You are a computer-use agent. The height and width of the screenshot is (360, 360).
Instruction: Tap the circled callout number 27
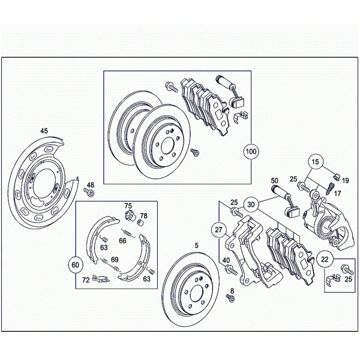(219, 230)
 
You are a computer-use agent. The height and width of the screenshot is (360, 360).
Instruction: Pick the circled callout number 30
(251, 204)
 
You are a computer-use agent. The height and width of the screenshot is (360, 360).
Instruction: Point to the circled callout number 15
(316, 161)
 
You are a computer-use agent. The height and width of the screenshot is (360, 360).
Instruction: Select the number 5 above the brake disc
(196, 245)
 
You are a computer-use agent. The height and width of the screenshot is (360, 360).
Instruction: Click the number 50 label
(275, 181)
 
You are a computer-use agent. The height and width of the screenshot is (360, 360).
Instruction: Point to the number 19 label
(346, 179)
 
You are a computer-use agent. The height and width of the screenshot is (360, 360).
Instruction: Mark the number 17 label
(337, 193)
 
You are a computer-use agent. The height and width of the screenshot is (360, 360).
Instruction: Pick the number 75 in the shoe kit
(128, 205)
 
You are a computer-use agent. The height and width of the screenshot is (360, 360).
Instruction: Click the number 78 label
(143, 215)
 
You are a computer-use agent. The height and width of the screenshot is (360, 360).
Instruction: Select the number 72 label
(86, 280)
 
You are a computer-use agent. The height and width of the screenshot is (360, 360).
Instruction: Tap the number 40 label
(226, 260)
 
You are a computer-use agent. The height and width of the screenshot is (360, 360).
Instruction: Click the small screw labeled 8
(230, 299)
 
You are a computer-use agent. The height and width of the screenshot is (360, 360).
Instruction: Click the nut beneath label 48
(90, 193)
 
